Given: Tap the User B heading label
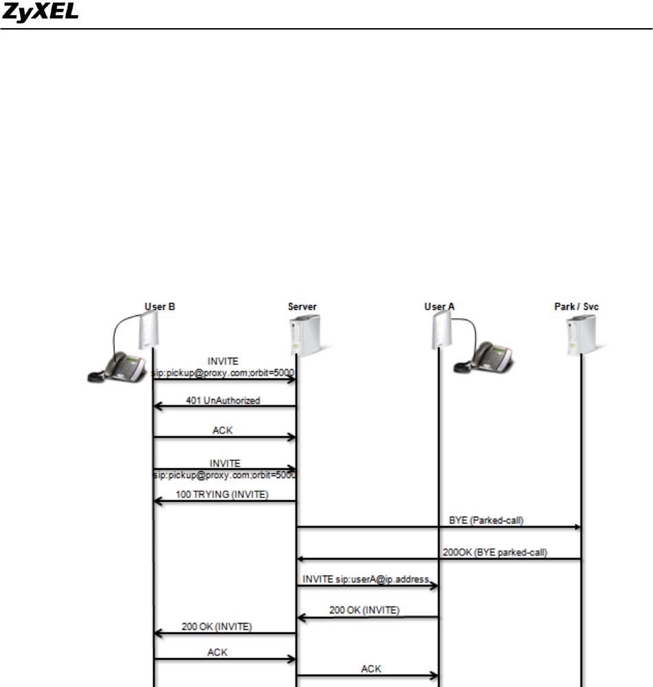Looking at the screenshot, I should [x=159, y=306].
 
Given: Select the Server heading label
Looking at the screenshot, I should [x=302, y=306].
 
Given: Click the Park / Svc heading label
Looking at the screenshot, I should [x=576, y=306].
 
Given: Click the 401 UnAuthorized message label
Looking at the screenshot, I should [x=223, y=401].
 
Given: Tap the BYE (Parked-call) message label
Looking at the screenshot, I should [x=481, y=520].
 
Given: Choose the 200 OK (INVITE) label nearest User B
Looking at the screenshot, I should [x=217, y=626].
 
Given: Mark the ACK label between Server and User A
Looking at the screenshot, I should [x=370, y=668].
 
